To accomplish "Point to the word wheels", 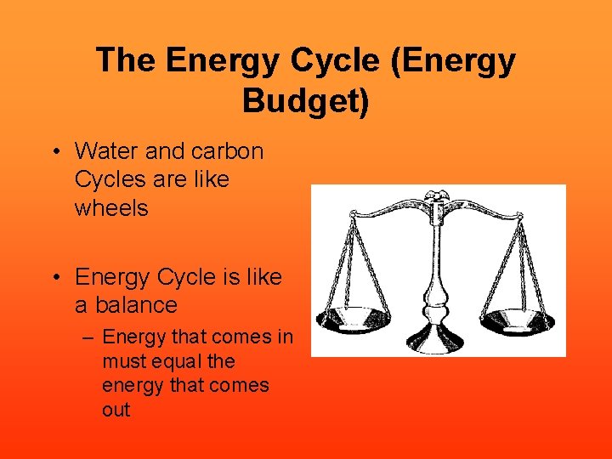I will (x=111, y=207).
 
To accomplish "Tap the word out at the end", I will (x=116, y=410).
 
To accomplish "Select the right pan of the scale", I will (x=518, y=320).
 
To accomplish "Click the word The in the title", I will (x=126, y=60).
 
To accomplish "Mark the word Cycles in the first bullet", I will (x=108, y=180).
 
